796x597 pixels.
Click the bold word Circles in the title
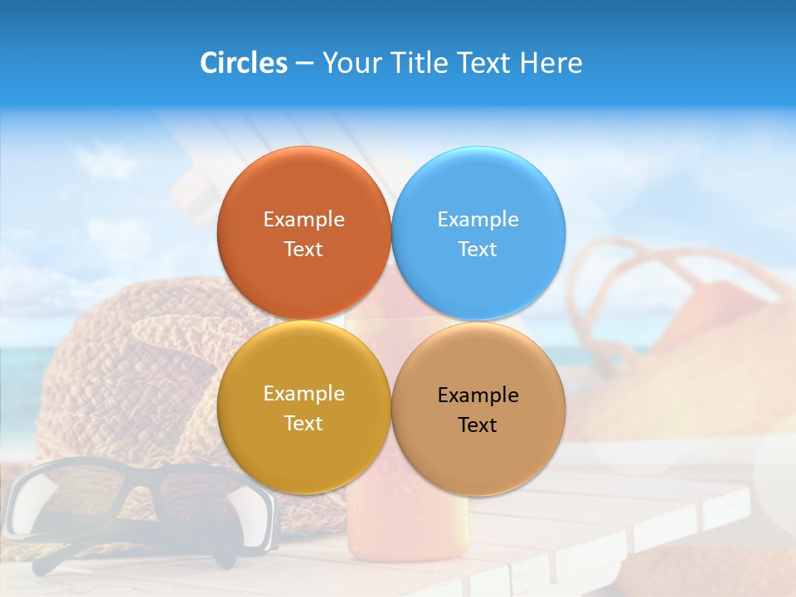[243, 63]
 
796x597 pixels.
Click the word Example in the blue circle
[478, 220]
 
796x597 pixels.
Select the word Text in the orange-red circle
[303, 250]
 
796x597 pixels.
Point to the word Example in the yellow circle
[303, 394]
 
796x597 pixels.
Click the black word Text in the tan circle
[478, 425]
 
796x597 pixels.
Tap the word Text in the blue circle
[478, 250]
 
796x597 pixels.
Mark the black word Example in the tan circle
[478, 396]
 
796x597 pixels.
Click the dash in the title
[304, 64]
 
